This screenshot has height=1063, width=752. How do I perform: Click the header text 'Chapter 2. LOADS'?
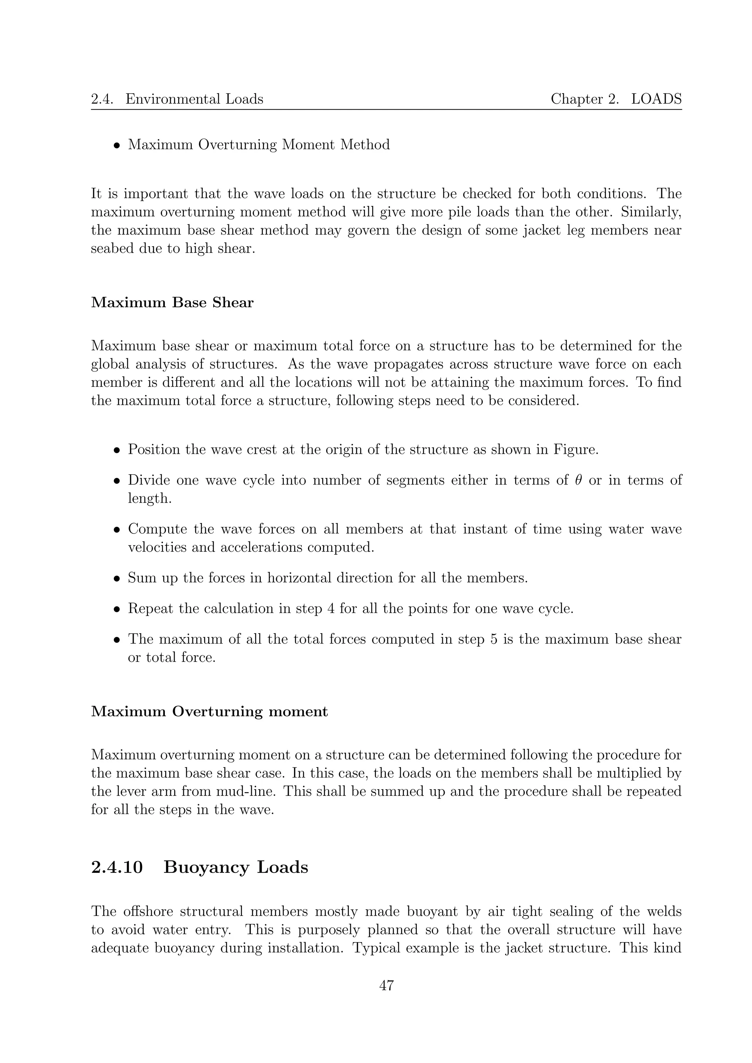click(x=616, y=99)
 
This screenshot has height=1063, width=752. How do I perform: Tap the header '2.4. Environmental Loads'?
click(x=177, y=99)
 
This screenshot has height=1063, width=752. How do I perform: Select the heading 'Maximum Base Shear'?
click(x=172, y=303)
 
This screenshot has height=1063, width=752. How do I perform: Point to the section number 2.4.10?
click(x=117, y=867)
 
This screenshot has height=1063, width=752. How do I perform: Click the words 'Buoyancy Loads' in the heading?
click(x=236, y=867)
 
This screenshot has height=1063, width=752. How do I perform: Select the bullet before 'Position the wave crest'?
click(x=117, y=450)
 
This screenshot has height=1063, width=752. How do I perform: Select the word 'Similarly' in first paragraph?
click(x=651, y=212)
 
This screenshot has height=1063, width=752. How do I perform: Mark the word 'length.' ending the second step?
click(x=149, y=498)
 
